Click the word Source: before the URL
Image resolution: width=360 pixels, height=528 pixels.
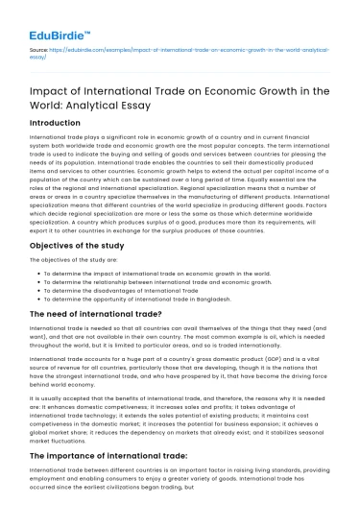pos(40,45)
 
